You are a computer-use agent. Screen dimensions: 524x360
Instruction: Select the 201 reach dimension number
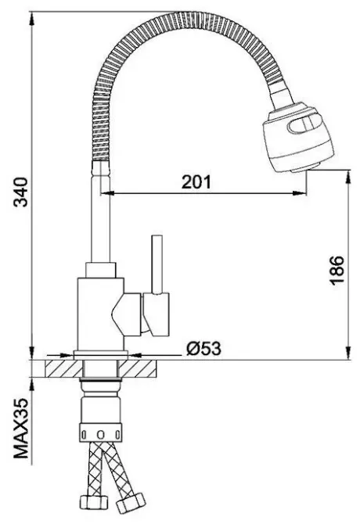click(x=196, y=181)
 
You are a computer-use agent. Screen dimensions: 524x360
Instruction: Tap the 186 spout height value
click(x=334, y=271)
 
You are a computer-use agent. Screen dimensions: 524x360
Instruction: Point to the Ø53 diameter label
click(x=203, y=349)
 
